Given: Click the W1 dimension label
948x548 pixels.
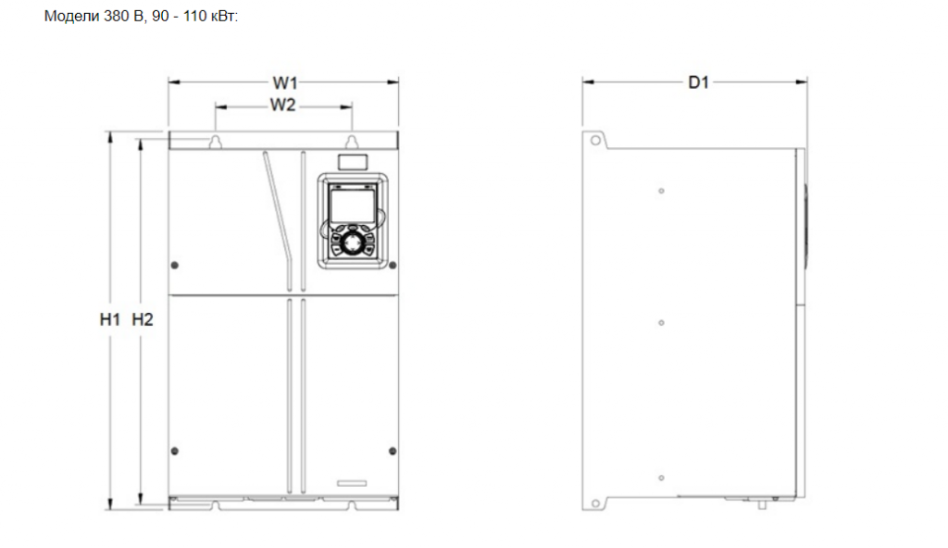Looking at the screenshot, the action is pyautogui.click(x=285, y=83).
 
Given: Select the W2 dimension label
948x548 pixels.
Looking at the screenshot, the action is pyautogui.click(x=282, y=106).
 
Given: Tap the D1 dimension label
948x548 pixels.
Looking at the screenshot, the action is pyautogui.click(x=698, y=82).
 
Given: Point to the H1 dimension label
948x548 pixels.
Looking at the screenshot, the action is pyautogui.click(x=110, y=319).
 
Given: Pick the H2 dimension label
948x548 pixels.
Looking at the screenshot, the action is pyautogui.click(x=143, y=319).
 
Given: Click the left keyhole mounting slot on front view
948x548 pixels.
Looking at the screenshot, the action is pyautogui.click(x=215, y=143).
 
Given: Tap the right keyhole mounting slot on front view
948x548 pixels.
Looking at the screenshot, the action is pyautogui.click(x=352, y=143).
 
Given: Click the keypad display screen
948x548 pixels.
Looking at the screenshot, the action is pyautogui.click(x=353, y=205).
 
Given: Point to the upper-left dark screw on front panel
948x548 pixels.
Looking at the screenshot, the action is pyautogui.click(x=175, y=266).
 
